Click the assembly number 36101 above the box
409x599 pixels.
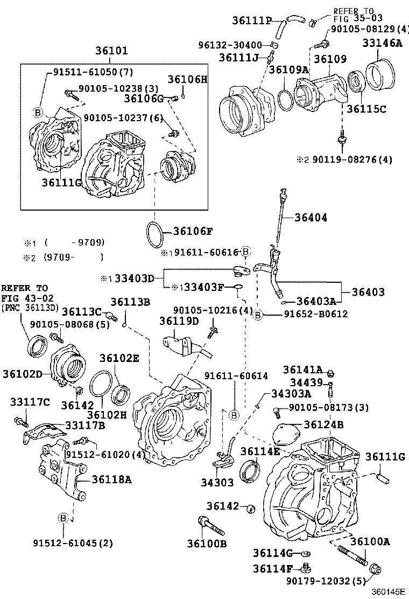tap(112, 52)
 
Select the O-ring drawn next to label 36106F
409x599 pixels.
tap(155, 232)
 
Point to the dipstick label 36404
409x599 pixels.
tap(311, 218)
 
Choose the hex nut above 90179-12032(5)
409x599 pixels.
tap(376, 569)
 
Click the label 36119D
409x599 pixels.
tap(179, 321)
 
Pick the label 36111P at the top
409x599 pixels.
tap(252, 20)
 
